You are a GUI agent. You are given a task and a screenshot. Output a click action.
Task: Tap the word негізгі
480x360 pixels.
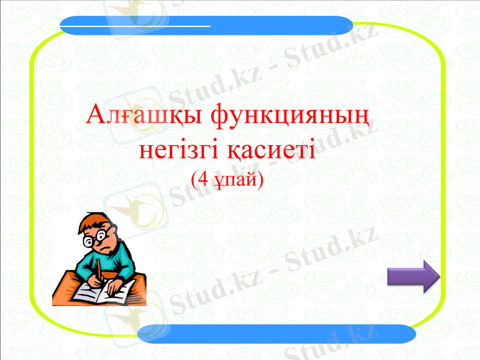[180, 148]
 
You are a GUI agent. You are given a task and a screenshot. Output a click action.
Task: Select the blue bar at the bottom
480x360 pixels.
[277, 334]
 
